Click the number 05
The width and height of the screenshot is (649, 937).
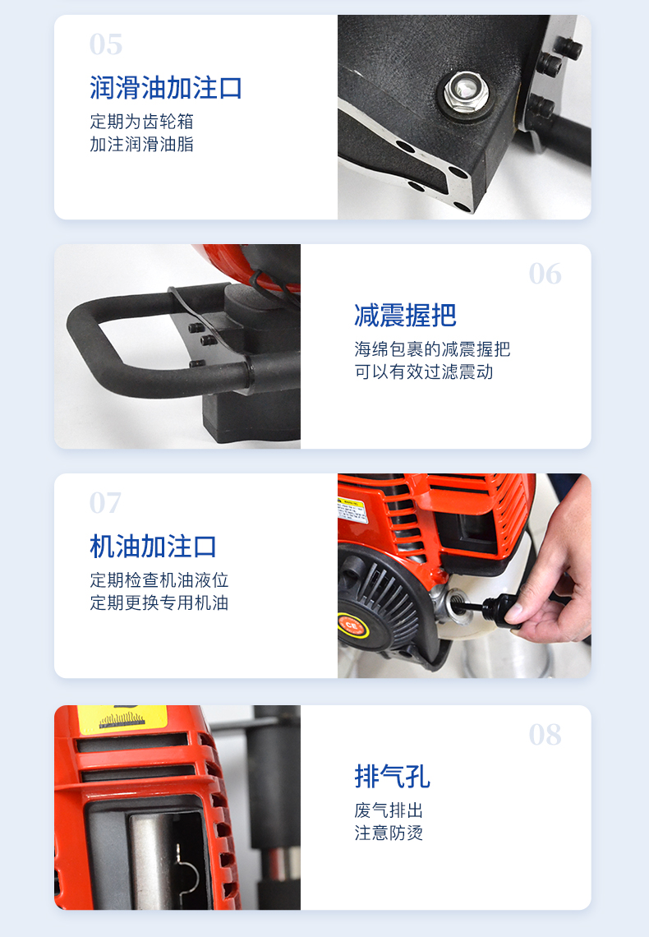click(x=106, y=44)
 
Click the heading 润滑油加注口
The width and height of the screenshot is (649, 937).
click(x=166, y=88)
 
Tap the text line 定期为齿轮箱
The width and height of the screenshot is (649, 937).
click(x=141, y=122)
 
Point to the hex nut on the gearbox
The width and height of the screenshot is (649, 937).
click(x=466, y=92)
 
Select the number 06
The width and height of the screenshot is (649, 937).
click(x=545, y=274)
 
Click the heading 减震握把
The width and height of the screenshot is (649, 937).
click(x=405, y=316)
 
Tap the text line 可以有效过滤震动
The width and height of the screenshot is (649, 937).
click(x=424, y=372)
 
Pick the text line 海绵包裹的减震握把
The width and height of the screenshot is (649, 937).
click(x=432, y=349)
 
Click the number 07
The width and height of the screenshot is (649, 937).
click(x=106, y=503)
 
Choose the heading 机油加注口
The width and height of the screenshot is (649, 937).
click(x=154, y=547)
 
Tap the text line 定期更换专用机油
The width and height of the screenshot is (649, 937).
click(x=159, y=602)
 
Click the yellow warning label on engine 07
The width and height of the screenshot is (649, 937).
click(x=352, y=510)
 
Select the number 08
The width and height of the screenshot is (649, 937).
click(x=545, y=735)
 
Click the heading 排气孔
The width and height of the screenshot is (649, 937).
click(x=392, y=776)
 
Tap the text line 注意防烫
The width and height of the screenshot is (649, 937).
click(x=389, y=833)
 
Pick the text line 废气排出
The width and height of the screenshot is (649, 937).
click(x=389, y=810)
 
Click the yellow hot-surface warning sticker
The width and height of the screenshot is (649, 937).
click(x=122, y=719)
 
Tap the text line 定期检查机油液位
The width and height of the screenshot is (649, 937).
click(x=159, y=579)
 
